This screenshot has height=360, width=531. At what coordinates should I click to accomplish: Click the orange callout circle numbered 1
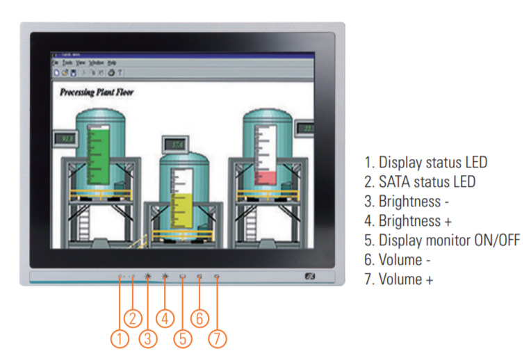tap(120, 338)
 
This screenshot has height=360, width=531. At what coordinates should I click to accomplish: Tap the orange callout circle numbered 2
tap(133, 318)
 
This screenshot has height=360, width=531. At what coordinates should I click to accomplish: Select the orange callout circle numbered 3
tap(147, 338)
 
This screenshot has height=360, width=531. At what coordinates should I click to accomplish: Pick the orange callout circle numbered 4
tap(165, 318)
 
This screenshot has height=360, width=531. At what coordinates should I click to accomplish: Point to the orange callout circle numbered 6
tap(199, 318)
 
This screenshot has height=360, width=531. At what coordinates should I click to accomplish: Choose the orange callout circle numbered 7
tap(217, 338)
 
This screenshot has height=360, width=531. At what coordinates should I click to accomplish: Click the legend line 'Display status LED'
tap(425, 163)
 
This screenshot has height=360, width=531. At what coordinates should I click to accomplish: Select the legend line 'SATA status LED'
tap(420, 182)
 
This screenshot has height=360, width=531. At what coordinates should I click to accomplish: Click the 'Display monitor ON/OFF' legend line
tap(441, 240)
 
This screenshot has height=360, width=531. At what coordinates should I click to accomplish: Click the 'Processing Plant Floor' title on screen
tap(97, 92)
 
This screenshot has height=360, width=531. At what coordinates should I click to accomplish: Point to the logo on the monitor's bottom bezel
tap(311, 277)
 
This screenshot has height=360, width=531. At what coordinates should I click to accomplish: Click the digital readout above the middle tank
tap(177, 144)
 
